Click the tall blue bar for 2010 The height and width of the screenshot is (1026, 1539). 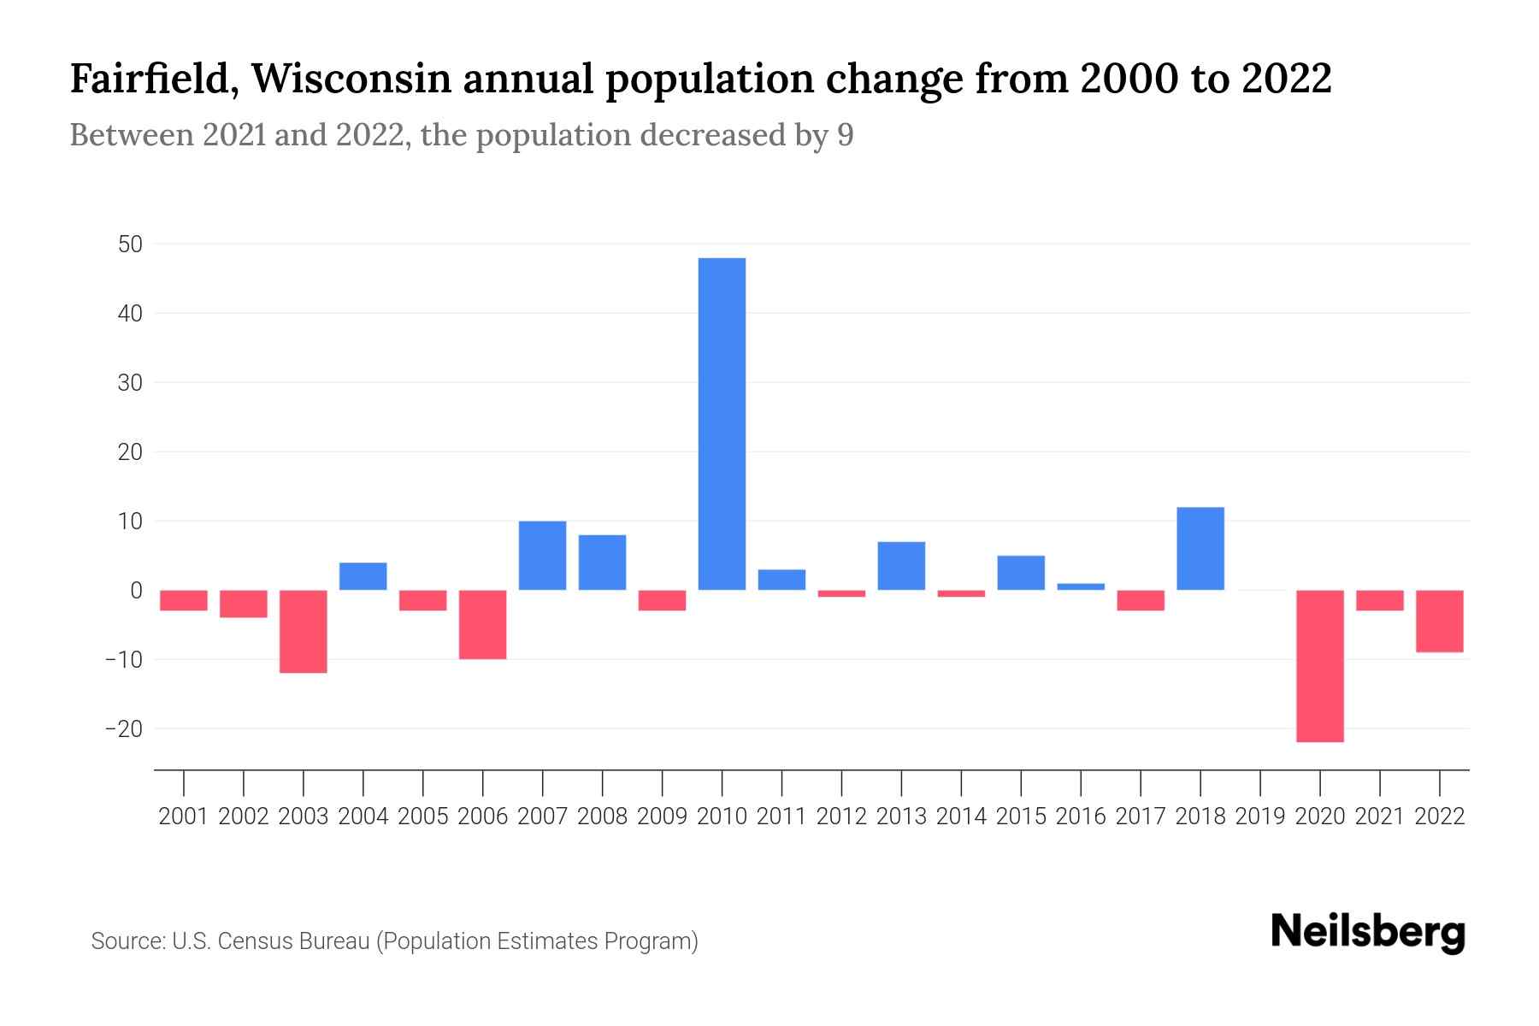coord(722,423)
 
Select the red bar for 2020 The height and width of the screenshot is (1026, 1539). coord(1319,665)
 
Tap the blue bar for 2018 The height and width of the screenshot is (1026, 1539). coord(1200,548)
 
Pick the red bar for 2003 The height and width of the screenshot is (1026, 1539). coord(304,631)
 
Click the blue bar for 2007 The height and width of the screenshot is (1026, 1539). coord(542,555)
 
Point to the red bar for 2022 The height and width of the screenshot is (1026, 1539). coord(1439,621)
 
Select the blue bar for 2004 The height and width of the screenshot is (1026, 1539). coord(363,576)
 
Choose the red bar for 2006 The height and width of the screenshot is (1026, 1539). coord(483,624)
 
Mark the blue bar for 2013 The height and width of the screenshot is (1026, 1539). coord(901,565)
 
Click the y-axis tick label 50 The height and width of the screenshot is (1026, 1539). coord(130,245)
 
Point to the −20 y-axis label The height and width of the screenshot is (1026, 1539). coord(123,729)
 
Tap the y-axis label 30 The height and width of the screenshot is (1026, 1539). coord(130,383)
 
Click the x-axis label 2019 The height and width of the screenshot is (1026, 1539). coord(1259,817)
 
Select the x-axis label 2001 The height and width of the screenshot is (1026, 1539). coord(184,817)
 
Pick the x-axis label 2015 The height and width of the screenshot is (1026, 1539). coord(1021,817)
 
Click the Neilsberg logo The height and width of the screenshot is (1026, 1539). coord(1368,933)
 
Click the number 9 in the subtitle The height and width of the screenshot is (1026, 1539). coord(845,136)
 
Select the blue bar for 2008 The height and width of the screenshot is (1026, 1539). coord(602,562)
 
